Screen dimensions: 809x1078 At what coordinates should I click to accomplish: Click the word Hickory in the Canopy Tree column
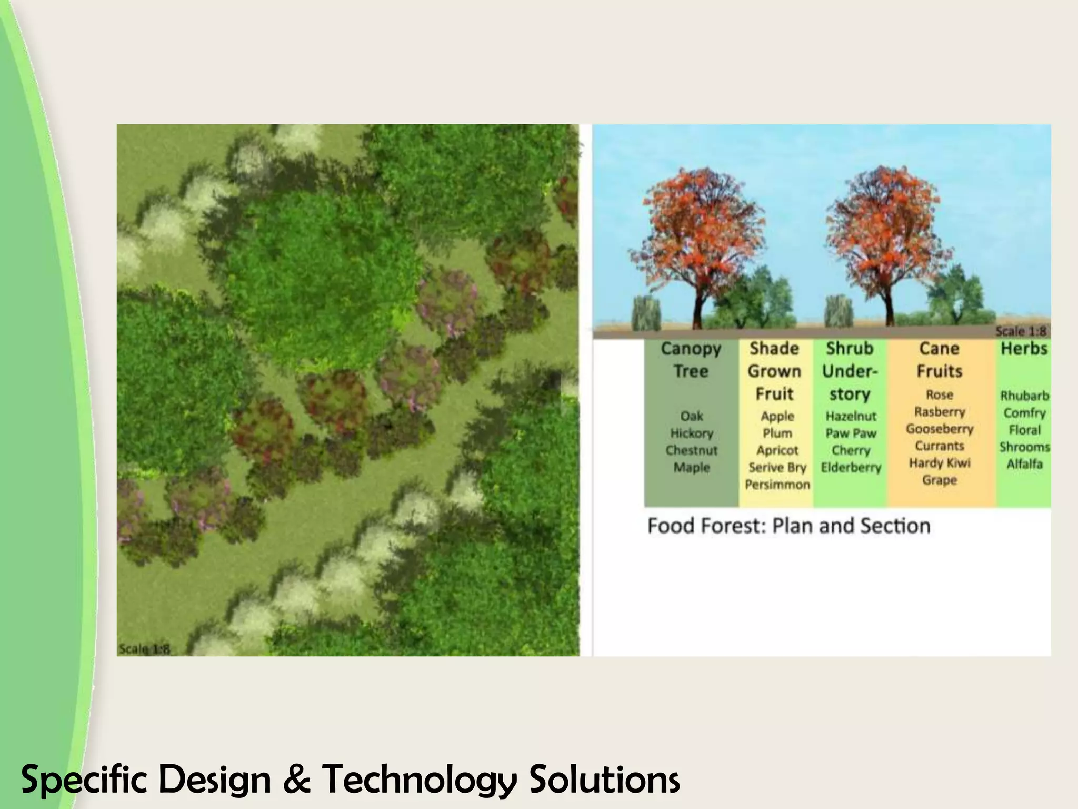[692, 433]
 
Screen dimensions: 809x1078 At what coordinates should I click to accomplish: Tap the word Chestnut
[692, 450]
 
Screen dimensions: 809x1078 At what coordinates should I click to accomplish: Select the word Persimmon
[777, 485]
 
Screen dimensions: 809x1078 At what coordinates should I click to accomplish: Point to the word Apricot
[777, 450]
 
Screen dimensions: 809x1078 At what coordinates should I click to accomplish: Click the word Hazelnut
[851, 416]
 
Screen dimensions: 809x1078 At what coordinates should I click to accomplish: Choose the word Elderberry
[851, 467]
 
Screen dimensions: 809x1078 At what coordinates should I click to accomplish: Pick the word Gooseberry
[940, 429]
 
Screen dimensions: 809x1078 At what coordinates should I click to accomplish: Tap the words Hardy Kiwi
[940, 463]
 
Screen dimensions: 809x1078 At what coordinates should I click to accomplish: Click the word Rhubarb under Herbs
[1024, 396]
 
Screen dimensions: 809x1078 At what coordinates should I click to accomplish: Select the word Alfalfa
[1024, 464]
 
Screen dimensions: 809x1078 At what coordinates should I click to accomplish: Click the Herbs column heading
[1024, 349]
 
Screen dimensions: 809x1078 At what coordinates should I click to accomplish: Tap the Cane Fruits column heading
[940, 360]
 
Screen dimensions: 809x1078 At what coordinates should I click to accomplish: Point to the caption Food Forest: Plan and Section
[788, 526]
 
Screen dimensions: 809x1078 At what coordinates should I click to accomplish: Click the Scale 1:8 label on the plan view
[144, 649]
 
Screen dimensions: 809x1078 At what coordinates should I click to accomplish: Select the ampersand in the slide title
[296, 780]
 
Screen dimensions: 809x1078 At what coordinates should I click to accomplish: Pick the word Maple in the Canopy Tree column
[692, 467]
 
